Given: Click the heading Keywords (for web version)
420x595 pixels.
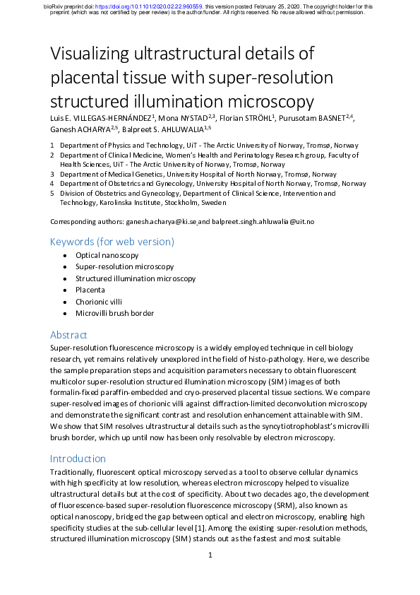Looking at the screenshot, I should [x=112, y=242].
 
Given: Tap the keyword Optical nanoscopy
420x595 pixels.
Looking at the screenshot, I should [x=107, y=256].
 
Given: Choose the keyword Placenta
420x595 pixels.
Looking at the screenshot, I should [x=90, y=290].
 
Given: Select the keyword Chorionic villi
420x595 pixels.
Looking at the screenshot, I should [x=98, y=301].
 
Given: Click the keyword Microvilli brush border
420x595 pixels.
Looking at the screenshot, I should [x=114, y=313].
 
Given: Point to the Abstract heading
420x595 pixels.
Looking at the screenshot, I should [x=68, y=334].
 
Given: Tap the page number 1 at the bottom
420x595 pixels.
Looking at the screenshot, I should [x=210, y=555].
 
